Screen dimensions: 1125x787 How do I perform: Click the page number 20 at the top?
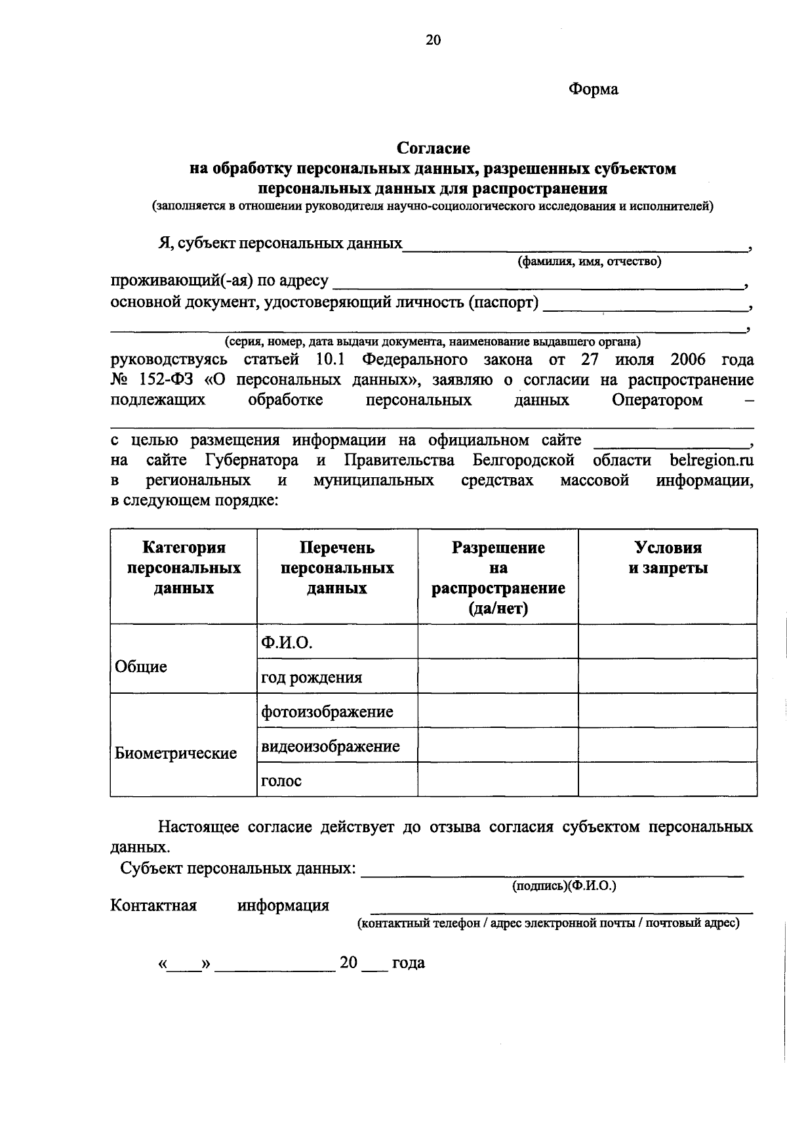click(434, 41)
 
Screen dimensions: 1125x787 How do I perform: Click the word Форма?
click(593, 89)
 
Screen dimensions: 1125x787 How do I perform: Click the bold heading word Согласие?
click(434, 149)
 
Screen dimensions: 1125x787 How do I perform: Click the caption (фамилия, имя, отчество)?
click(590, 262)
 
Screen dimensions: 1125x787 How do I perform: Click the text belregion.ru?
click(712, 460)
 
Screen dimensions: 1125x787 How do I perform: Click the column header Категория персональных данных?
click(184, 568)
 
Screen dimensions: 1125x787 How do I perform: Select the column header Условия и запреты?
click(668, 558)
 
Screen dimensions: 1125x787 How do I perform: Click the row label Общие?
click(141, 667)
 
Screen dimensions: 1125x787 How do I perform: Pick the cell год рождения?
click(312, 677)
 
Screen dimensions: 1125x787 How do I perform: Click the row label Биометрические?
click(176, 753)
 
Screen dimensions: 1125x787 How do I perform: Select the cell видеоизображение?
click(330, 746)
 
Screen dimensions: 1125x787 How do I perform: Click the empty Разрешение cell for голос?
click(498, 780)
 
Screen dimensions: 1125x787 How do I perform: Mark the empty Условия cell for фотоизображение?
click(668, 711)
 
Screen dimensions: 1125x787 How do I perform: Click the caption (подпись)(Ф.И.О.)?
click(564, 886)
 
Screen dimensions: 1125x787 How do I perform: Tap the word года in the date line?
click(408, 963)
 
